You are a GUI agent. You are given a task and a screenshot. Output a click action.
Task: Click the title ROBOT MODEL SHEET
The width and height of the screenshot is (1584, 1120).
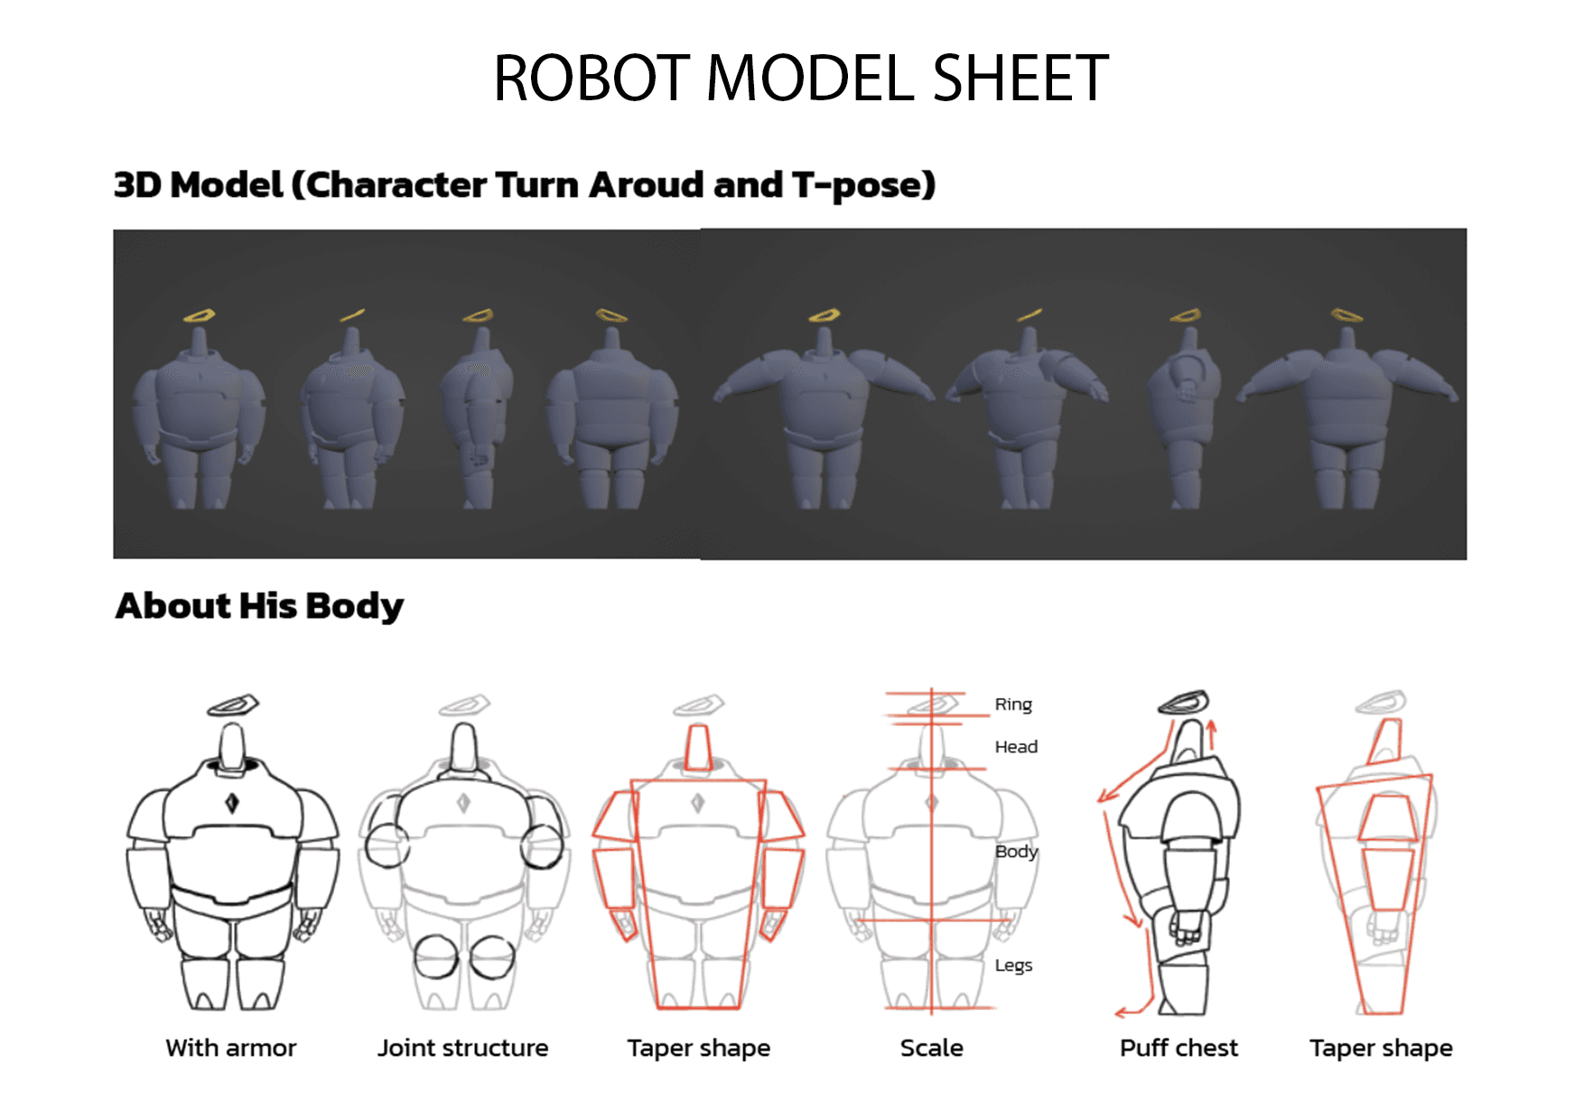point(800,79)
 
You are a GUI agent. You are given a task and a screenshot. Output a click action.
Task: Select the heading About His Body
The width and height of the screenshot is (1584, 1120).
point(259,606)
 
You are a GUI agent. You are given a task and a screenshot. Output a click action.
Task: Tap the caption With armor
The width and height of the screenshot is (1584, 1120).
point(231,1048)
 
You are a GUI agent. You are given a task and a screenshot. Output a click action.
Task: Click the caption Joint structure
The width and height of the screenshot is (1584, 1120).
point(462,1048)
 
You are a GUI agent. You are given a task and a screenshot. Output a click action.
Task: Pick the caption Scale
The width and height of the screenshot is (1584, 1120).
point(931,1048)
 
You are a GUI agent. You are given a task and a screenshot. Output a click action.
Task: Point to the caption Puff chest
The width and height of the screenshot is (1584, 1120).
point(1179,1048)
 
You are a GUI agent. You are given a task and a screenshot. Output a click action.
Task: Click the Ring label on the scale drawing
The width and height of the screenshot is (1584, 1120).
point(1013,705)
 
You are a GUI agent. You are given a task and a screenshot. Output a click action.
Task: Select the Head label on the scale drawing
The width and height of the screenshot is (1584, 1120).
point(1016,747)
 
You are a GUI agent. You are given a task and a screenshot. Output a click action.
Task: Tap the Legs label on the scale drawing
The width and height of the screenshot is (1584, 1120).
point(1013,966)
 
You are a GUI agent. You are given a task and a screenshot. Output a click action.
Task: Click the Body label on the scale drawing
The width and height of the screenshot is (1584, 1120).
point(1016,852)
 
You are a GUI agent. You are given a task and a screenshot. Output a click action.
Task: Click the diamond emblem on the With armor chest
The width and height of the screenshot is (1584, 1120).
point(232,802)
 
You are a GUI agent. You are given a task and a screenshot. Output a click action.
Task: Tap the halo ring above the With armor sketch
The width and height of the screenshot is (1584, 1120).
point(233,705)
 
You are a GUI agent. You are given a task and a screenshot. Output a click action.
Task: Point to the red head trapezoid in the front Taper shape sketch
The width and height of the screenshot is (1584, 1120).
point(697,747)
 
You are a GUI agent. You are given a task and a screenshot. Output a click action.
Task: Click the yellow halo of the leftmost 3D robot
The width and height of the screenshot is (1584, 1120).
point(199,315)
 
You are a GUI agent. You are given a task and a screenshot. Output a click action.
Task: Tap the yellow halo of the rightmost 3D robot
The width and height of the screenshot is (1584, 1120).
point(1346,315)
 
